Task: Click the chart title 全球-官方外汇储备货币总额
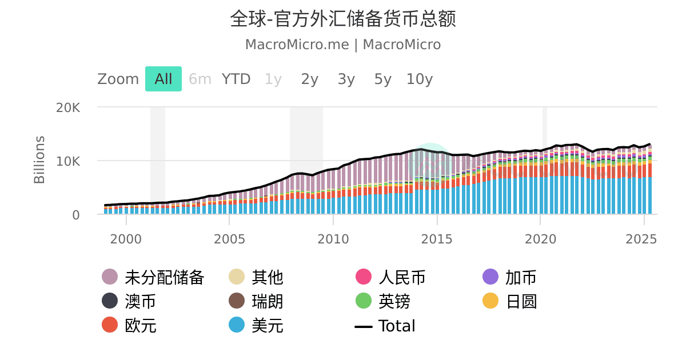tap(343, 19)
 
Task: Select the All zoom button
tap(163, 79)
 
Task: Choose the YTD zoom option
tap(236, 79)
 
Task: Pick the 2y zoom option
tap(310, 79)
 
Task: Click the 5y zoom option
tap(383, 79)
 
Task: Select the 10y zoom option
tap(420, 79)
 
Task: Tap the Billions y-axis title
tap(39, 160)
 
